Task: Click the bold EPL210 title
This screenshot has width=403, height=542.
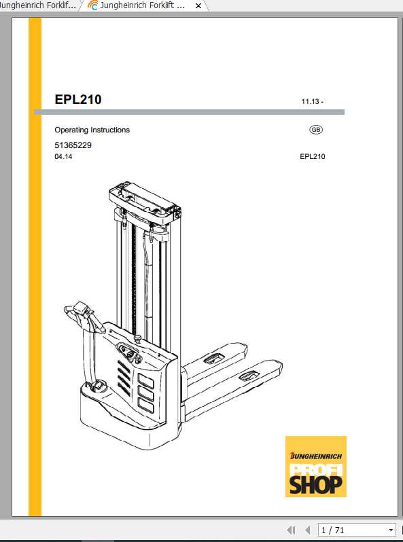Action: click(x=77, y=100)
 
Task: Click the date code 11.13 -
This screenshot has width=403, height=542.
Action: click(x=313, y=102)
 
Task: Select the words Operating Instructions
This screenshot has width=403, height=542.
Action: click(x=92, y=130)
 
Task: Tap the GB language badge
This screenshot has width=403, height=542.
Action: click(x=316, y=130)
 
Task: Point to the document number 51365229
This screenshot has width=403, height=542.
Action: click(x=73, y=145)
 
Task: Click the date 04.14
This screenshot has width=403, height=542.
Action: click(x=63, y=157)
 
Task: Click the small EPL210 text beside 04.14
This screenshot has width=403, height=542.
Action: click(x=312, y=157)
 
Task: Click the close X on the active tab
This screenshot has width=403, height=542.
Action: click(x=198, y=5)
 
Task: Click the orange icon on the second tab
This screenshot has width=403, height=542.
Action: click(x=92, y=5)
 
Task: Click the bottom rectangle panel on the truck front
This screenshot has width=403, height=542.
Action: click(x=146, y=405)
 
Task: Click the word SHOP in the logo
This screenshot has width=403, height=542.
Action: click(x=316, y=483)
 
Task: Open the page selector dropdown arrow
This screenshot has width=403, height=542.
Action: click(x=391, y=530)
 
